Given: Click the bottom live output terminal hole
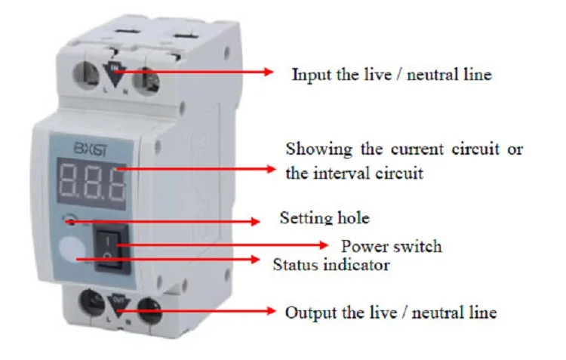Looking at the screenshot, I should tap(91, 305).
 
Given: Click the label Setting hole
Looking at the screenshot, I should tap(325, 219).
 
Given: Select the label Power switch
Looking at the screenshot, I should tap(391, 246).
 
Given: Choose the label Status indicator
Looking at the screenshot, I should tap(331, 265).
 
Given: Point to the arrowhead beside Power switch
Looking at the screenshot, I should tap(325, 245).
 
